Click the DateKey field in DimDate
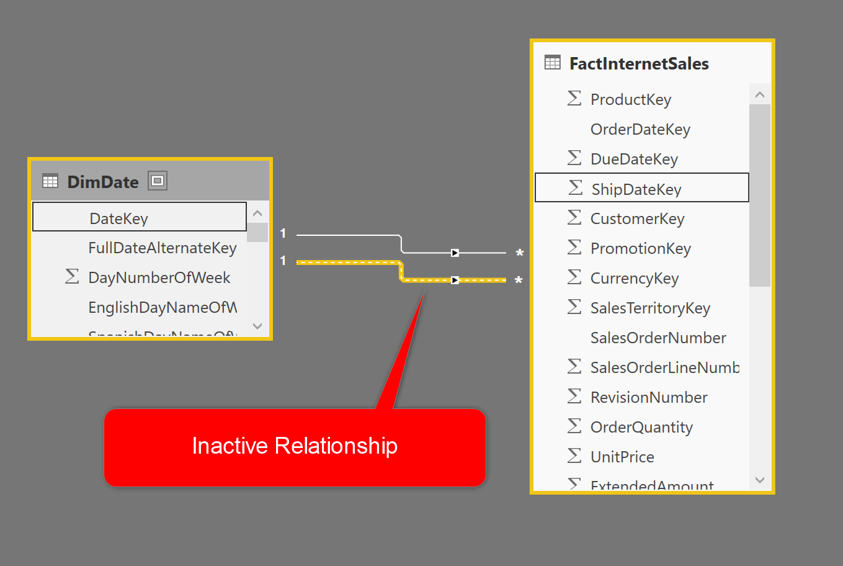119,218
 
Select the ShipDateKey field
636,189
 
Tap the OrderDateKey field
640,130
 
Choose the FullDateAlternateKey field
163,248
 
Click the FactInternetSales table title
639,64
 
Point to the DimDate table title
103,182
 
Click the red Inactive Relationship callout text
295,446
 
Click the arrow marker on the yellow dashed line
455,280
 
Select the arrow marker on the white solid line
455,253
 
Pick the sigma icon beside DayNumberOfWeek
72,277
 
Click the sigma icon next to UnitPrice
574,456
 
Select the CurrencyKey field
635,279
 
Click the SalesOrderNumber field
658,338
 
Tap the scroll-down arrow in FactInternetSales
760,480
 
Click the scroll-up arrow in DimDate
257,213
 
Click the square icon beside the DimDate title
158,181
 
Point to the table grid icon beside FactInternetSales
552,62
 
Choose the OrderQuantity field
641,428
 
